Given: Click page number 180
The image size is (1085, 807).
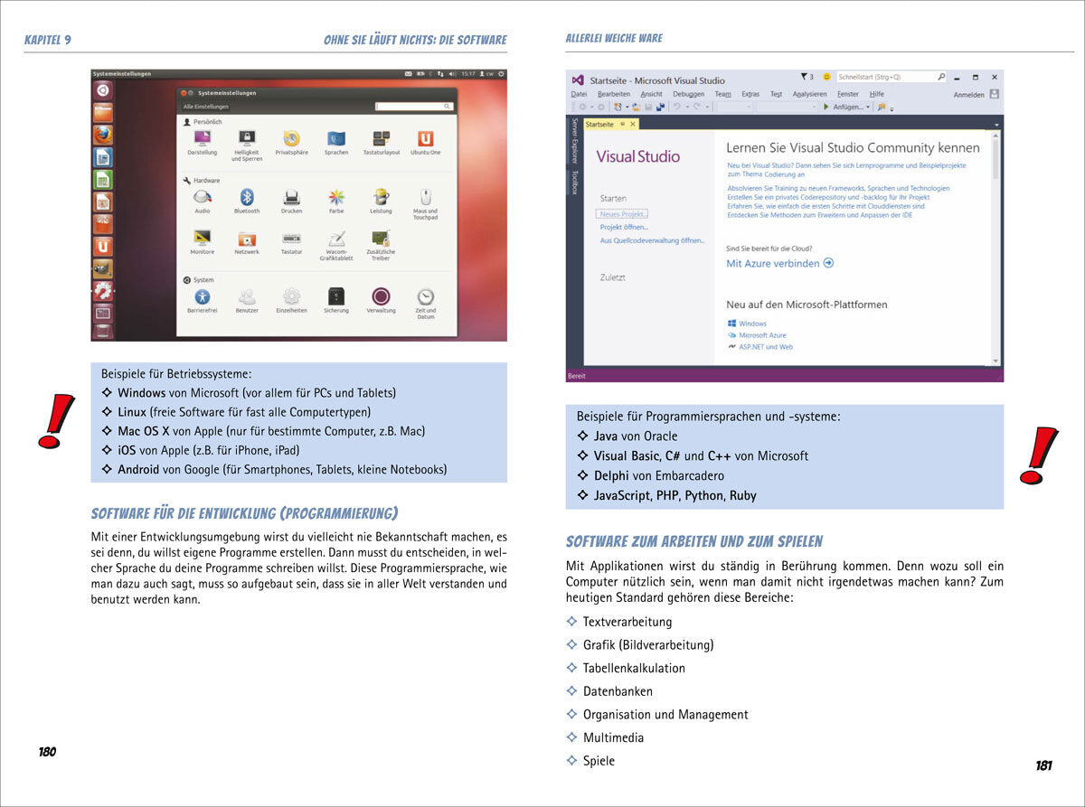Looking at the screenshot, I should coord(47,752).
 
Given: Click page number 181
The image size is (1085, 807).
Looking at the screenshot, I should coord(1043,765).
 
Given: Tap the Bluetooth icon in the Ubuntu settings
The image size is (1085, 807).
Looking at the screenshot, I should coord(246,196).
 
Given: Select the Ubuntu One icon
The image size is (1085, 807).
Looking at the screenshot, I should coord(425,138).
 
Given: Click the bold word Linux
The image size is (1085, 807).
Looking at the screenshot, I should coord(132,412).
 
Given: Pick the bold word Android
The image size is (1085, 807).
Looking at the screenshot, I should coord(138,469).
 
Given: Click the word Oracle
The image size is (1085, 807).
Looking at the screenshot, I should coord(660,436).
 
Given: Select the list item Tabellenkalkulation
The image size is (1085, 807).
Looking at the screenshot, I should coord(634,668).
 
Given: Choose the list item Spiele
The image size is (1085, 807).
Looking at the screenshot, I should coord(599,761).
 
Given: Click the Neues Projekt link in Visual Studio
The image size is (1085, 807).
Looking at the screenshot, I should coord(623,214).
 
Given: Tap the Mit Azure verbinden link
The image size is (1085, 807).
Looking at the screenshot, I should coord(774,264).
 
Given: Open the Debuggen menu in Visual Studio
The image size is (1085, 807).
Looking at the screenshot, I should coord(688,94).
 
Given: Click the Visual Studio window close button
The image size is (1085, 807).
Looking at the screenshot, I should coord(994,78).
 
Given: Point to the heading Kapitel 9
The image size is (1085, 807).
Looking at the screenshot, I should coord(47,40).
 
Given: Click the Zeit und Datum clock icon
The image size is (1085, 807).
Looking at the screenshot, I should coord(425,296).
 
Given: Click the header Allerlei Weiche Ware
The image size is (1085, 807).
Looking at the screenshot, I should coord(613,38).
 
